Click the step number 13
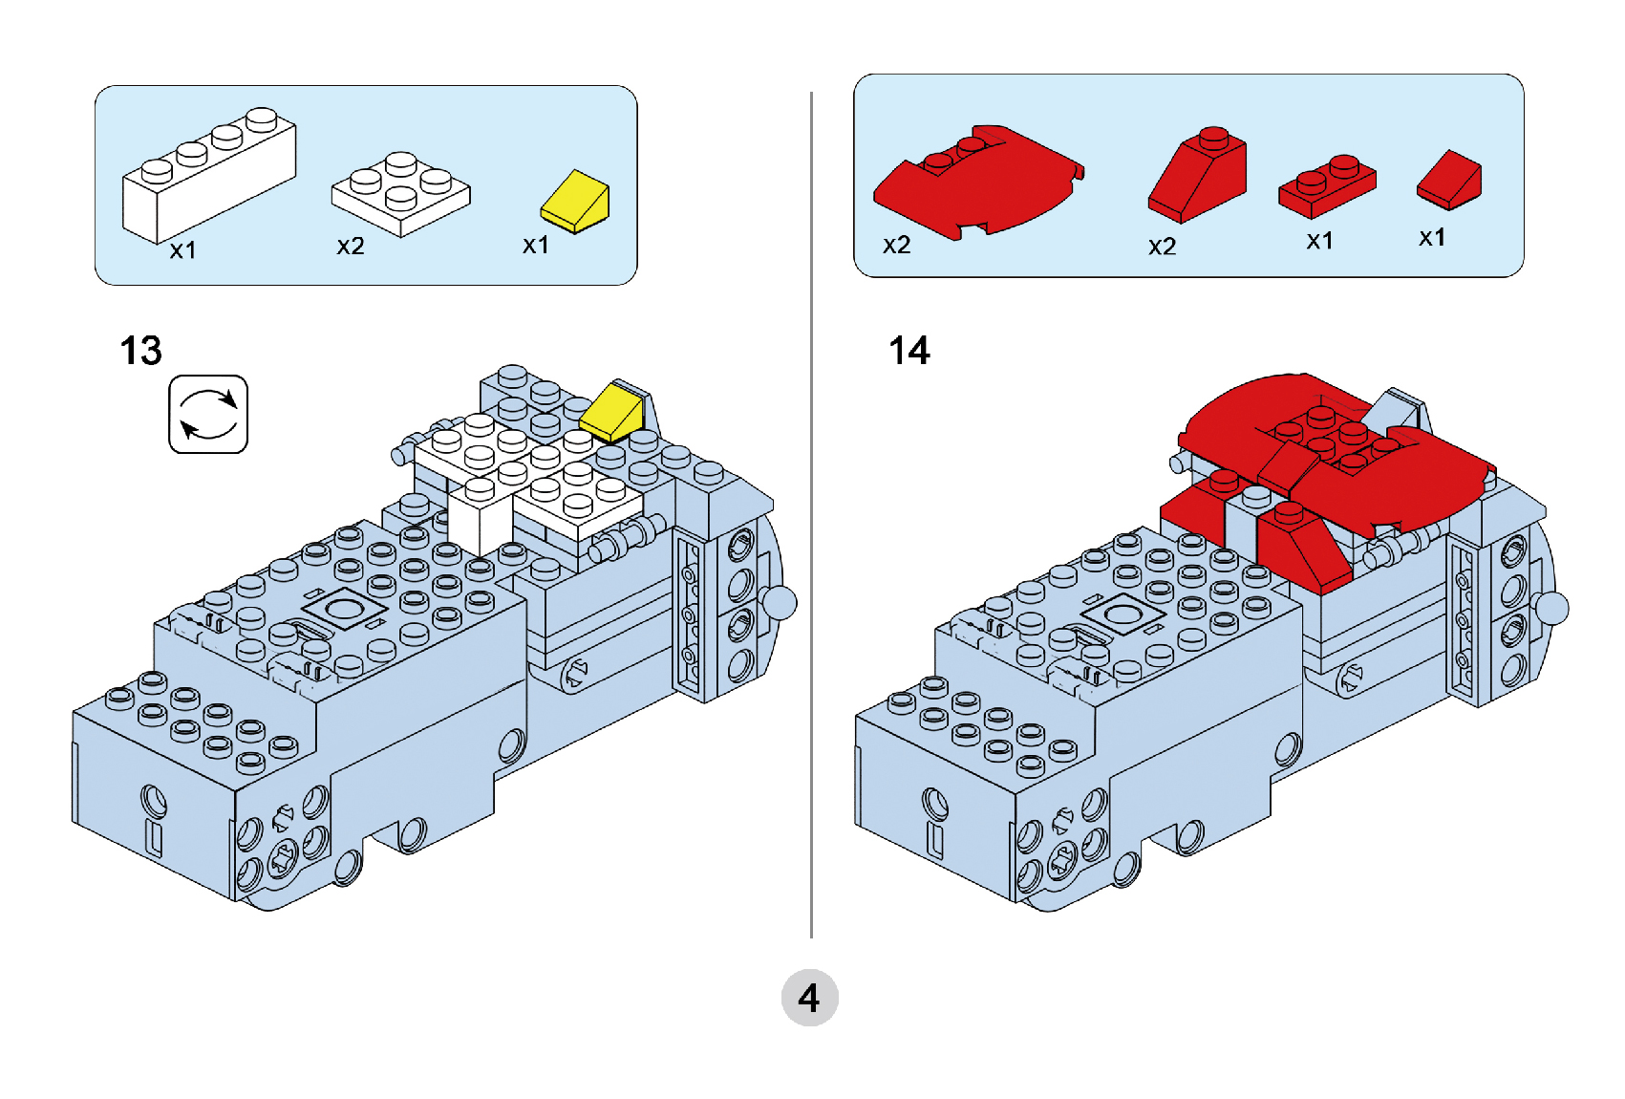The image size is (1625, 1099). [140, 351]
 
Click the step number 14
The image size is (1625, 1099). [909, 351]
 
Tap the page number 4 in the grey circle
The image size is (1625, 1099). [809, 999]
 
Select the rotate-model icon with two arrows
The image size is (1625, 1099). [208, 414]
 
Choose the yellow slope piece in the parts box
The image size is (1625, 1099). [575, 203]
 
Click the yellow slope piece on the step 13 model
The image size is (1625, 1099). [612, 412]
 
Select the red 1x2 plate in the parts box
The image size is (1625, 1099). [1327, 186]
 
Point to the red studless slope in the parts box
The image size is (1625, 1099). [1448, 180]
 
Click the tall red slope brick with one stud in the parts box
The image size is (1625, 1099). [1199, 177]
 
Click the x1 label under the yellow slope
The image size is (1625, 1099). [535, 246]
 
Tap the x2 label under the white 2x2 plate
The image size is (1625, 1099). [351, 247]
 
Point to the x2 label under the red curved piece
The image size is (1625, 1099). [896, 246]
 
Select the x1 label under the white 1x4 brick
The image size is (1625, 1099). [182, 250]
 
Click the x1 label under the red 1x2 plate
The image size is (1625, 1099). [1319, 241]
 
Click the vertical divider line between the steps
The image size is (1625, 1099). [811, 516]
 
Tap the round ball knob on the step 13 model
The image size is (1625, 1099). [781, 603]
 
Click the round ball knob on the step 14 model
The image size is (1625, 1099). [1552, 608]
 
